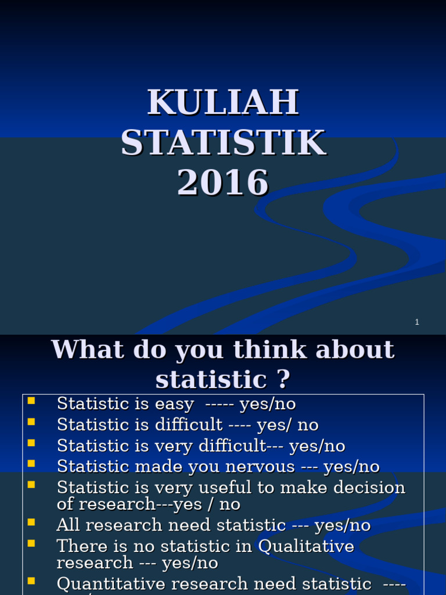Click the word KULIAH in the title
click(223, 102)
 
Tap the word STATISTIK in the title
click(223, 142)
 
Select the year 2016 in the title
click(223, 182)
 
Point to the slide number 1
click(417, 322)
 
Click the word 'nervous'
click(262, 467)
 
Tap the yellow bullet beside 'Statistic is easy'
click(31, 400)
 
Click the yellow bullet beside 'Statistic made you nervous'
click(31, 463)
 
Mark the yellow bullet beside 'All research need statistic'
click(31, 522)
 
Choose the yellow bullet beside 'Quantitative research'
click(31, 580)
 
